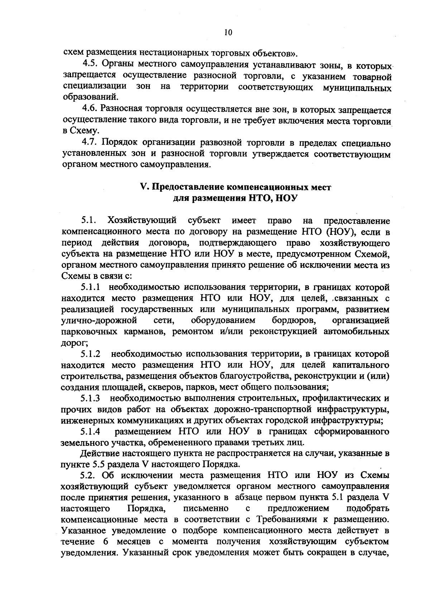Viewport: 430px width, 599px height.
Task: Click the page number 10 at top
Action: pyautogui.click(x=228, y=33)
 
